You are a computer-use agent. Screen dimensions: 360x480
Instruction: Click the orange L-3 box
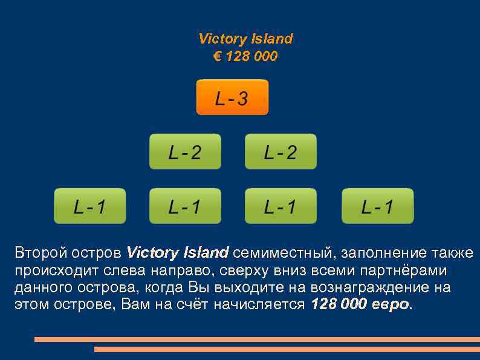pyautogui.click(x=232, y=97)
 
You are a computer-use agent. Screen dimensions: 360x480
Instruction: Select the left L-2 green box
pyautogui.click(x=185, y=151)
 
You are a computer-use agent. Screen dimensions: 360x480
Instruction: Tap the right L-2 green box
pyautogui.click(x=281, y=151)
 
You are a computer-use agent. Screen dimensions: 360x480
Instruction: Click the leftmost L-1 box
pyautogui.click(x=90, y=206)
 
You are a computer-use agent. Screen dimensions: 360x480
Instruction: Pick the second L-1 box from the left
pyautogui.click(x=185, y=206)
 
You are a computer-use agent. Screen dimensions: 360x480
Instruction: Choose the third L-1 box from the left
pyautogui.click(x=281, y=206)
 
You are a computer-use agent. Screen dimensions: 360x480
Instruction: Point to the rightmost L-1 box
pyautogui.click(x=377, y=206)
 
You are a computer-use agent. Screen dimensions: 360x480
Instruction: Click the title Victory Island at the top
pyautogui.click(x=245, y=39)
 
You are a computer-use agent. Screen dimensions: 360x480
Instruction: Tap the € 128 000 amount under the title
pyautogui.click(x=245, y=56)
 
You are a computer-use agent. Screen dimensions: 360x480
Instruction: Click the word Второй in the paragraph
pyautogui.click(x=37, y=252)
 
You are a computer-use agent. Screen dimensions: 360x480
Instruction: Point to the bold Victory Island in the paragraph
pyautogui.click(x=178, y=252)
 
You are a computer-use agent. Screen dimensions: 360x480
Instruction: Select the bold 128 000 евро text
pyautogui.click(x=360, y=304)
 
